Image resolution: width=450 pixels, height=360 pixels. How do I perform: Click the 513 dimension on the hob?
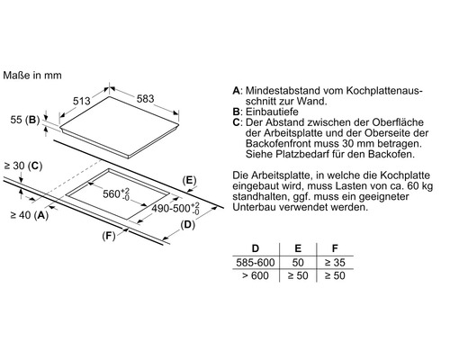click(82, 102)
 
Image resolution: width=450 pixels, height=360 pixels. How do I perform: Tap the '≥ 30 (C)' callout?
click(23, 166)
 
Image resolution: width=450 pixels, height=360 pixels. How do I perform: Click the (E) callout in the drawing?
click(189, 180)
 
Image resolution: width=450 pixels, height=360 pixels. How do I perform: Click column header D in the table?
click(255, 247)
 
